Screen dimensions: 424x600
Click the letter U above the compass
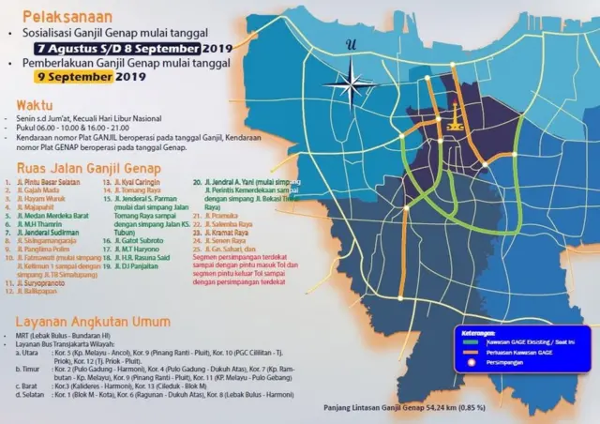pyautogui.click(x=352, y=44)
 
